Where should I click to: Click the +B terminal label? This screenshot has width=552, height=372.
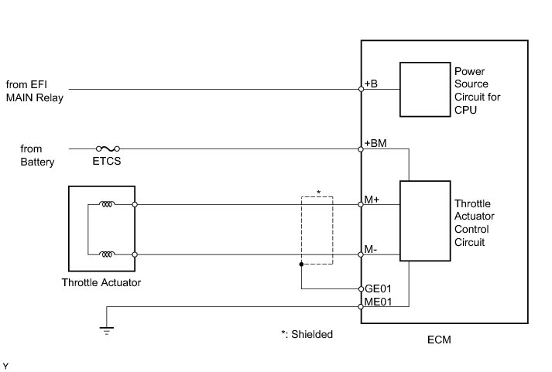(x=372, y=84)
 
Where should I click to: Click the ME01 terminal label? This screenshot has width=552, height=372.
(x=378, y=302)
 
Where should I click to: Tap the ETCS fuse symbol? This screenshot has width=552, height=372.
(x=107, y=148)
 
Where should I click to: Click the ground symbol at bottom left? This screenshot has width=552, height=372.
(x=106, y=329)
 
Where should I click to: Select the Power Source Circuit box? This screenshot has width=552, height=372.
(x=424, y=89)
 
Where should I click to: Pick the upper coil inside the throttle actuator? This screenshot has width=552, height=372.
(x=108, y=205)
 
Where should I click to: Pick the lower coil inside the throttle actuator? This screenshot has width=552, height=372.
(x=108, y=254)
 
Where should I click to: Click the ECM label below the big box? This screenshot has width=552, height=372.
(x=439, y=340)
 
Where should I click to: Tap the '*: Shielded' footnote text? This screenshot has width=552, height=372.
(x=307, y=335)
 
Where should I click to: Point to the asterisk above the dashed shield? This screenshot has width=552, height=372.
(x=317, y=191)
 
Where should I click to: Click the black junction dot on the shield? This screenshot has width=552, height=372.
(x=301, y=264)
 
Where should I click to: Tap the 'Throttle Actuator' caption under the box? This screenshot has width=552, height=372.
(x=101, y=282)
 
